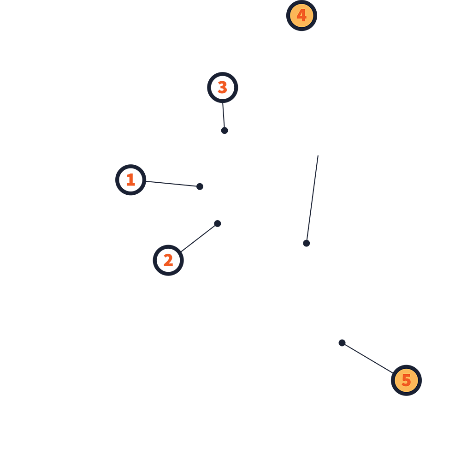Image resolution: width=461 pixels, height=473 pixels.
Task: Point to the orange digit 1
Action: [131, 180]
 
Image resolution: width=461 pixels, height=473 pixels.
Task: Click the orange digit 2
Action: [168, 260]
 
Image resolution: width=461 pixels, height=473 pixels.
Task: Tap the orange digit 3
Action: [223, 87]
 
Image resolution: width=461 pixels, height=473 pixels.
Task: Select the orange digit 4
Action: [301, 16]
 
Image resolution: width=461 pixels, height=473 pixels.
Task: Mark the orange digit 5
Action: [406, 380]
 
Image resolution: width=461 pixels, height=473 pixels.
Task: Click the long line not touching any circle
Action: [313, 198]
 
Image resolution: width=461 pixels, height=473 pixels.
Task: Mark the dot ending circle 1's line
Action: [200, 186]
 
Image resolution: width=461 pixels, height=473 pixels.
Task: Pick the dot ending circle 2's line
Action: [218, 223]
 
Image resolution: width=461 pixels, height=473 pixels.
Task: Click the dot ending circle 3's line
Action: [225, 131]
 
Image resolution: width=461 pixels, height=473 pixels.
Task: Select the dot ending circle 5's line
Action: [342, 343]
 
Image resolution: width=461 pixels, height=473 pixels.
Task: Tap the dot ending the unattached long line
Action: [307, 243]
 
